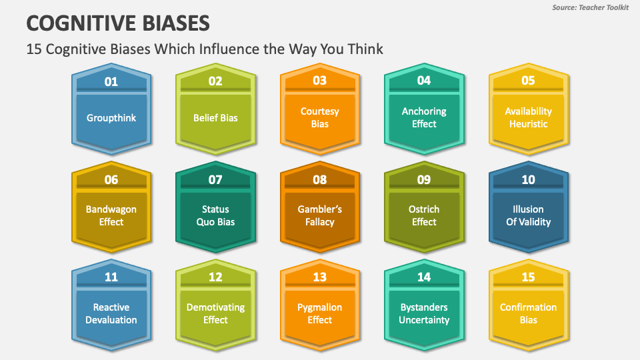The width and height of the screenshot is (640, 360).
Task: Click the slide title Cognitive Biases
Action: pos(118,23)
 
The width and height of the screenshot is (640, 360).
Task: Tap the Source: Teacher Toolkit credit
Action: pos(589,7)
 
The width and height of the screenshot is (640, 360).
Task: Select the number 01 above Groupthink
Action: pos(111,81)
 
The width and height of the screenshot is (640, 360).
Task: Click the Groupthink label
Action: pos(111,118)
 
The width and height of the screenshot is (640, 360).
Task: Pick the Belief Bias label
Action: pos(215,118)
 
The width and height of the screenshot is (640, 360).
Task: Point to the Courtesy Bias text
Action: pos(320,118)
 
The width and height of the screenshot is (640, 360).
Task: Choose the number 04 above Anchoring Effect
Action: pos(424,81)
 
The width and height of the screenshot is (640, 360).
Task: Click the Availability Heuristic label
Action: pos(528,118)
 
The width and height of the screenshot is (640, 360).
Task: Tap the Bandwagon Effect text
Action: pos(111,215)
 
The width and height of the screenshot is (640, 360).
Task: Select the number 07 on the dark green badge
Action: pos(215,179)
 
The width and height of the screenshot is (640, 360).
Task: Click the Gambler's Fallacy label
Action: pos(320,215)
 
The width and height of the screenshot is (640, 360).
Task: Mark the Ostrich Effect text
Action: pos(424,215)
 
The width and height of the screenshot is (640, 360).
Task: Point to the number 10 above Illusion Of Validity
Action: pos(528,179)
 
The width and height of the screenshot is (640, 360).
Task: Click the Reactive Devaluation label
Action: pos(111,313)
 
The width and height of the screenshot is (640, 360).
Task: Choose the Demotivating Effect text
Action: pos(215,313)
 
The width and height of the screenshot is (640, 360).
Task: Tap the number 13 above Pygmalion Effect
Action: pos(320,277)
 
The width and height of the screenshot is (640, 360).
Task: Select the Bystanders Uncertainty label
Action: pos(424,313)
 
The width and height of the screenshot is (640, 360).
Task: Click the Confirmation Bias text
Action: pos(528,313)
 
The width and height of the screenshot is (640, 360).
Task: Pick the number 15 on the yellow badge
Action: pos(528,277)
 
